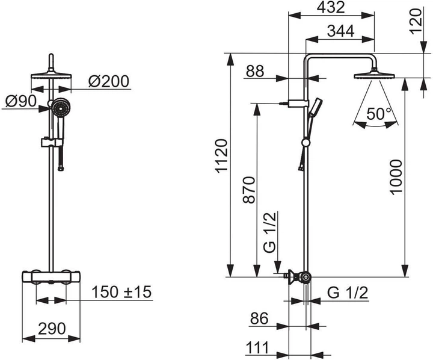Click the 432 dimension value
point(331,8)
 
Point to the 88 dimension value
point(255,71)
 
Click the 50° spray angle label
point(379,113)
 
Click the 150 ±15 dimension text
point(122,293)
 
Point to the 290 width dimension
point(51,329)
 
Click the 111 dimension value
point(257,349)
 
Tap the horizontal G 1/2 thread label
point(348,293)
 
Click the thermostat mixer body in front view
point(51,278)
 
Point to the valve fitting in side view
point(301,278)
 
